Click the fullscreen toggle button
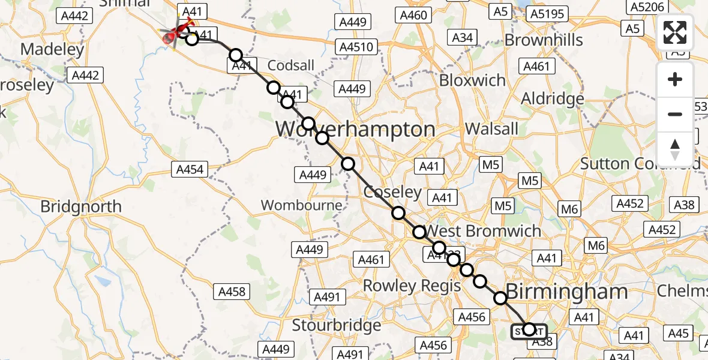pyautogui.click(x=675, y=32)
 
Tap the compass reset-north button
pyautogui.click(x=675, y=149)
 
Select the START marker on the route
pyautogui.click(x=529, y=329)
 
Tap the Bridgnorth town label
pyautogui.click(x=81, y=207)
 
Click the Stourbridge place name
pyautogui.click(x=337, y=325)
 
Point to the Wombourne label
pyautogui.click(x=302, y=205)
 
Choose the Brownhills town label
pyautogui.click(x=544, y=40)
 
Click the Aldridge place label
pyautogui.click(x=553, y=98)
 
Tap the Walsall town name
pyautogui.click(x=492, y=128)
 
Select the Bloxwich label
pyautogui.click(x=473, y=80)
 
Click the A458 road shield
pyautogui.click(x=232, y=292)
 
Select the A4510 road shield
pyautogui.click(x=356, y=47)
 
